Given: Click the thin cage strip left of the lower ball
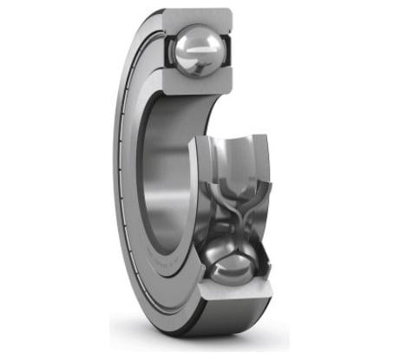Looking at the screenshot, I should point(201,260).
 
